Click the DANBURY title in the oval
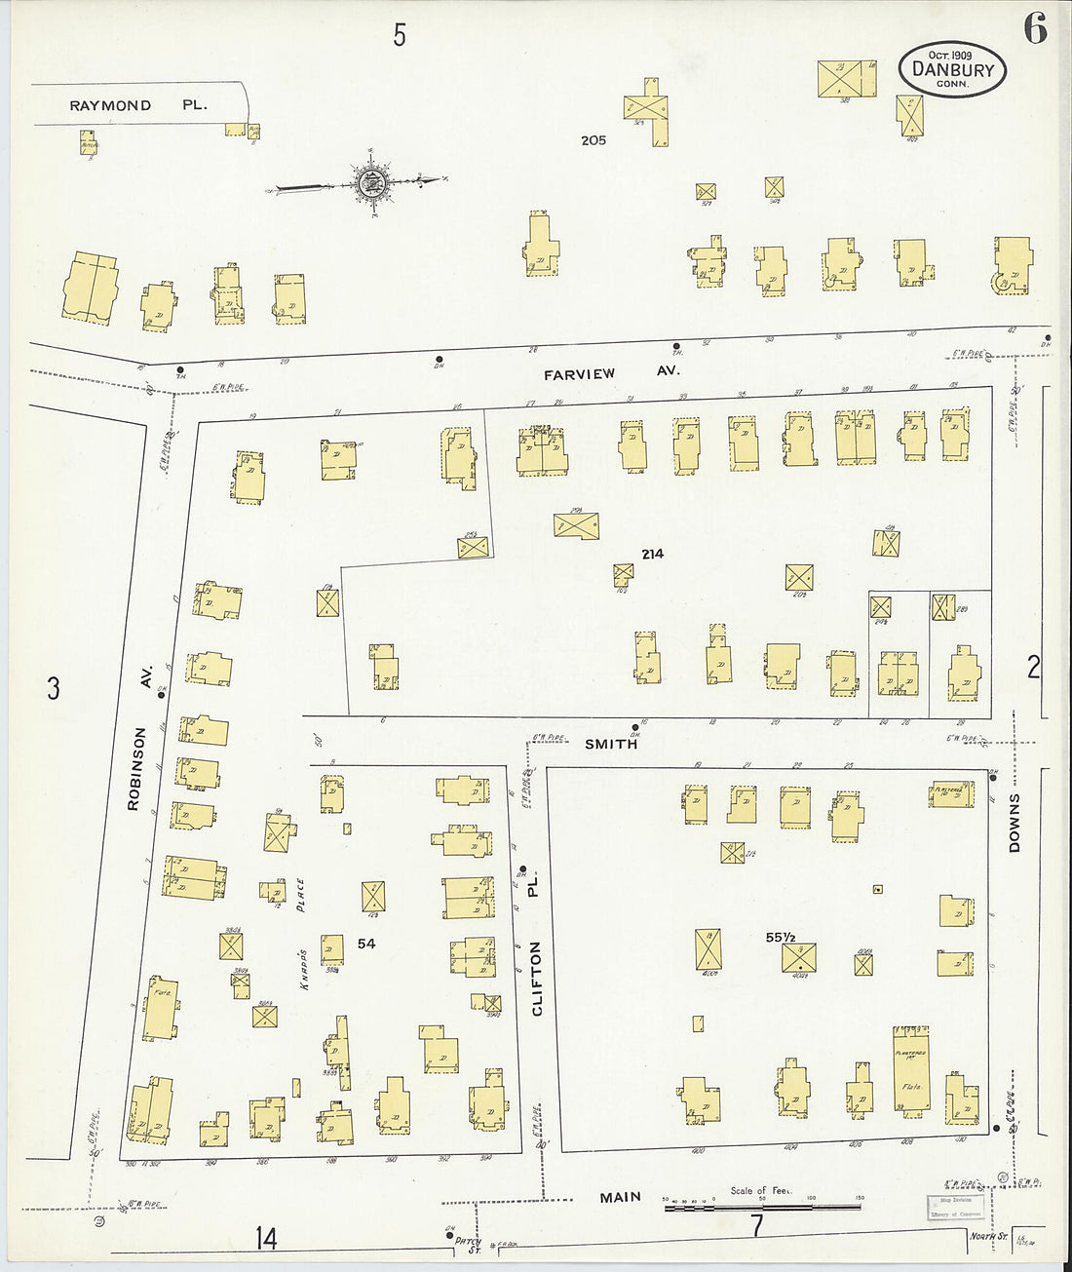click(952, 69)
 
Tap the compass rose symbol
click(371, 181)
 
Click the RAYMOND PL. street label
click(137, 104)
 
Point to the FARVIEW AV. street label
click(611, 372)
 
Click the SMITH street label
click(611, 744)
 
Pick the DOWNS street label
click(1015, 823)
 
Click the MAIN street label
click(621, 1196)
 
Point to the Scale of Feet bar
click(762, 1208)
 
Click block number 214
click(652, 554)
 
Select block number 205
click(593, 140)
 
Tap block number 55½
click(783, 937)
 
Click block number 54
click(366, 943)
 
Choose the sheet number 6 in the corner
click(1035, 30)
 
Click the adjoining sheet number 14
click(265, 1238)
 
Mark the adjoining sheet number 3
click(53, 688)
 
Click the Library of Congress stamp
click(952, 1207)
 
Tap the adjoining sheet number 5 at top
click(399, 36)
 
